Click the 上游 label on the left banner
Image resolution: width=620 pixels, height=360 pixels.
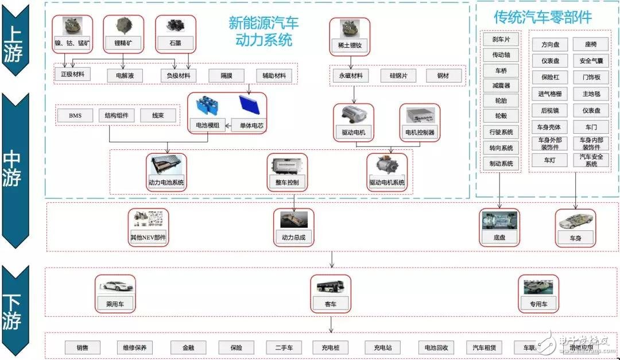coord(12,43)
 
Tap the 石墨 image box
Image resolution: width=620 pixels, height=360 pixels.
coord(175,33)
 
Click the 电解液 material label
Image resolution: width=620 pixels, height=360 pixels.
coord(125,75)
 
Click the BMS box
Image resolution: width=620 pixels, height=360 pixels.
coord(75,115)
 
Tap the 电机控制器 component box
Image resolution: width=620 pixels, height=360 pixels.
coord(420,122)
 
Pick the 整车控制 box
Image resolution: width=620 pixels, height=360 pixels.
coord(287,173)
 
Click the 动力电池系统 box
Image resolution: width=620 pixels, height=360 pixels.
coord(166,173)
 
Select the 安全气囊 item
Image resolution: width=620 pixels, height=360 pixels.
coord(590,60)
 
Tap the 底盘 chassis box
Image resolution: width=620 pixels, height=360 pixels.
coord(499,227)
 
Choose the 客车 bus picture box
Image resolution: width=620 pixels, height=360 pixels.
coord(330,293)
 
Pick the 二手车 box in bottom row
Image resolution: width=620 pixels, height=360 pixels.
coord(284,347)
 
